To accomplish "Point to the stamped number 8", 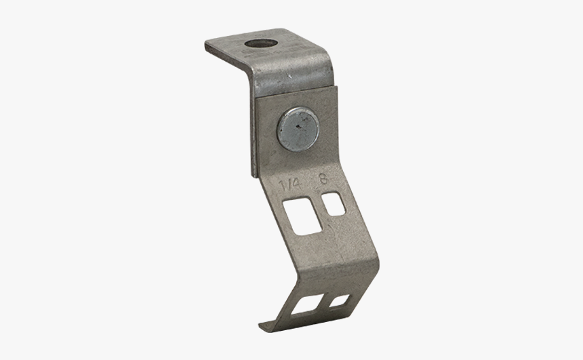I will [x=323, y=181].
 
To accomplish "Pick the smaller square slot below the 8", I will [x=334, y=204].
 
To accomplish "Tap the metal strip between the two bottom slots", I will [x=323, y=304].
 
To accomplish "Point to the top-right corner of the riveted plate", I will [x=336, y=87].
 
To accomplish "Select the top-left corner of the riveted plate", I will [x=256, y=99].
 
